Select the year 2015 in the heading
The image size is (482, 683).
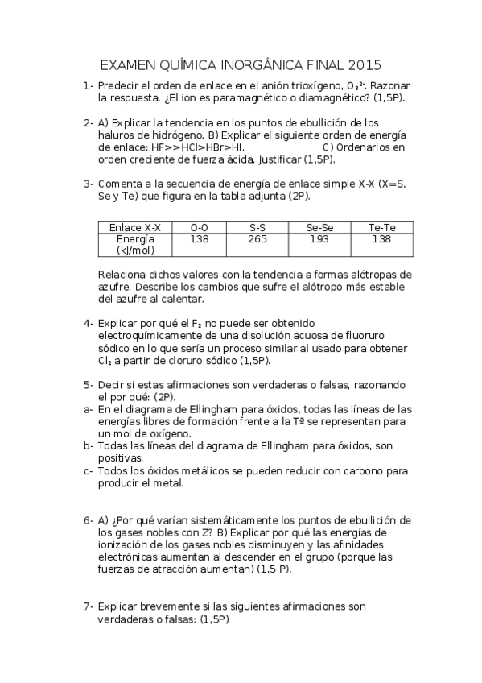click(361, 64)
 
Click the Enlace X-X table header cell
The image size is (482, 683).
click(135, 228)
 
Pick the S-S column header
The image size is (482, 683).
click(258, 228)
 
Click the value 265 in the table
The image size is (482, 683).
click(258, 239)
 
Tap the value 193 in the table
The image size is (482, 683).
click(319, 239)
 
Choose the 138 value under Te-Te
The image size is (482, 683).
click(381, 239)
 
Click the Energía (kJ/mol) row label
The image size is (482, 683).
click(135, 245)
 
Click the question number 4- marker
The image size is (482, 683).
click(88, 322)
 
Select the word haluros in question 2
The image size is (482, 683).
click(117, 135)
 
